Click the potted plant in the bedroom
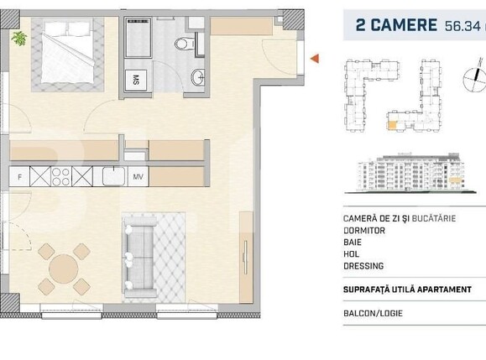click(x=18, y=37)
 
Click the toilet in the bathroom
click(x=183, y=43)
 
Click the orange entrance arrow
click(x=315, y=58)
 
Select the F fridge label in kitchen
click(x=19, y=177)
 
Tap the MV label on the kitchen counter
click(x=137, y=177)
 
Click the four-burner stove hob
click(x=61, y=177)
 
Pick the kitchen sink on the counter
click(x=112, y=177)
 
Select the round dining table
click(x=64, y=270)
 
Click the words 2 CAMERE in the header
click(x=392, y=25)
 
